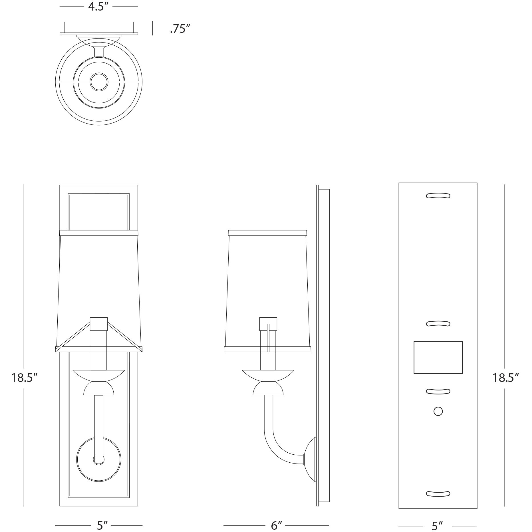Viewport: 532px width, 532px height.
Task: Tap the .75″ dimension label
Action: [x=180, y=29]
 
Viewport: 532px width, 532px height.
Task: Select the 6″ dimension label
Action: [x=276, y=525]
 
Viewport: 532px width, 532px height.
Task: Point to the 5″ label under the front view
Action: [x=102, y=525]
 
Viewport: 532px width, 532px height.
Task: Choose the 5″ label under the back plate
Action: [x=437, y=526]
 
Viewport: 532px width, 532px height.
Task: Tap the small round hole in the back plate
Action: [x=438, y=411]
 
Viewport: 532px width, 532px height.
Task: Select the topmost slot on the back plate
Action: [x=438, y=196]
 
